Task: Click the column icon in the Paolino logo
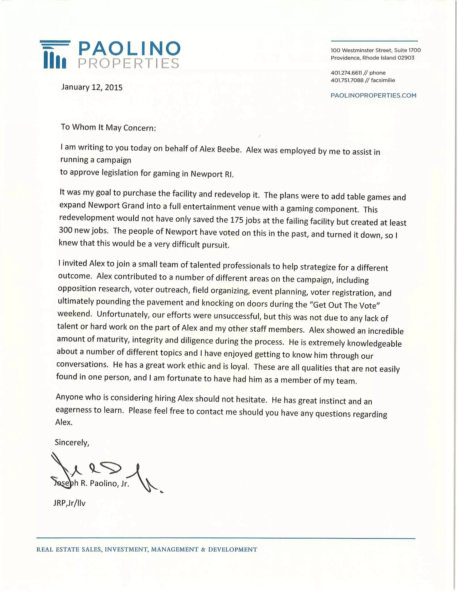pos(55,55)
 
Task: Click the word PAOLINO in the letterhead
pos(129,49)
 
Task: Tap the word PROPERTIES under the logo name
pos(128,63)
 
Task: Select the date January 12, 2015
pos(92,87)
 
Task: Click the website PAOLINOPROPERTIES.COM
pos(373,95)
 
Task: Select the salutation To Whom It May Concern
pos(108,127)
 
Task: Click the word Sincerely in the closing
pos(72,442)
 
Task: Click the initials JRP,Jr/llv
pos(69,503)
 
